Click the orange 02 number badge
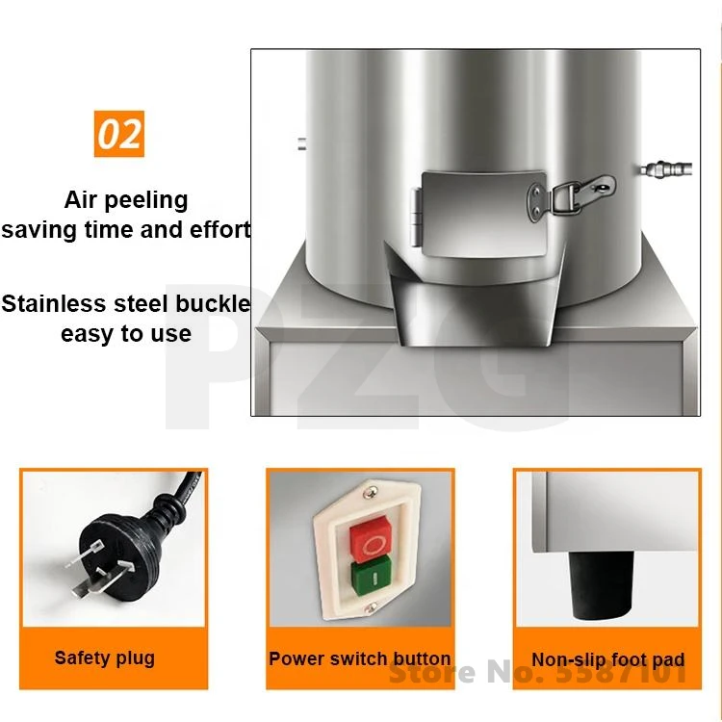118,134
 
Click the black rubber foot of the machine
600,584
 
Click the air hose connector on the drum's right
666,168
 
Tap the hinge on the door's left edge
416,217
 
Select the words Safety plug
105,658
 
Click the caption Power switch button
360,658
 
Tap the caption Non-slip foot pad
607,659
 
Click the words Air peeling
126,200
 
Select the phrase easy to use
126,334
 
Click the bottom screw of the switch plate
372,608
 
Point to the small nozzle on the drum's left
302,143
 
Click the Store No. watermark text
538,673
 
